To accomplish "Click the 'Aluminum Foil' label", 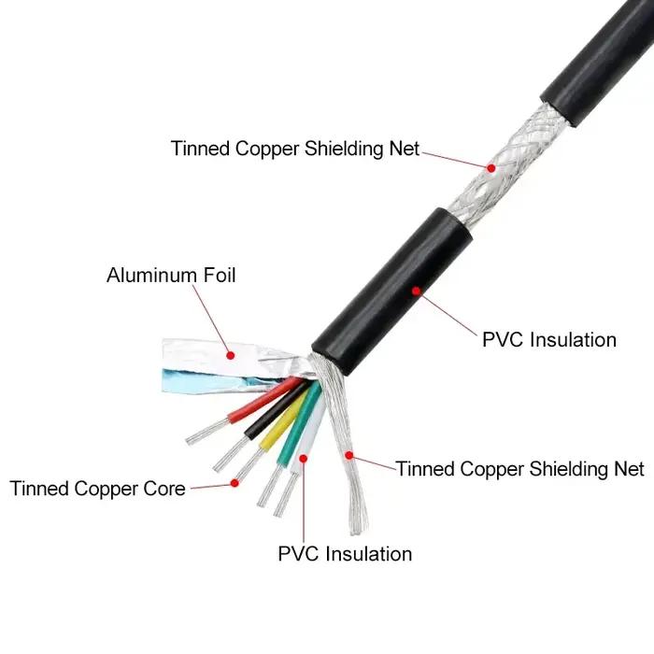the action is (171, 276).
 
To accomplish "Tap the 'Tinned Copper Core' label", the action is (97, 489).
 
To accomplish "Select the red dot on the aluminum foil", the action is (230, 355).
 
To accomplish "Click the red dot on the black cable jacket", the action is (416, 291).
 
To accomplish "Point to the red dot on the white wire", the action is (304, 459).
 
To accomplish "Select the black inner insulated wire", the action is (276, 410).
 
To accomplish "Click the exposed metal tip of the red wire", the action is (207, 432).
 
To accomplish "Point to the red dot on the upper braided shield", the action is (491, 168).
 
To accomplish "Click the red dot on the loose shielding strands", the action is (349, 456).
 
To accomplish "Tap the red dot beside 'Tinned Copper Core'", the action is (235, 483).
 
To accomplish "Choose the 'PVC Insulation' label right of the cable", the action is (549, 339).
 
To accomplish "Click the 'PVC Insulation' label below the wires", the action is (345, 554).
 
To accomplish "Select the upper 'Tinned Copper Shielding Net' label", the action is (295, 149).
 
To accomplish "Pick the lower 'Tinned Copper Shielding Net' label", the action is (520, 469).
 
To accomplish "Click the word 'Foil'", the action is (220, 276).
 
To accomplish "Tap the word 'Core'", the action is (164, 489).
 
